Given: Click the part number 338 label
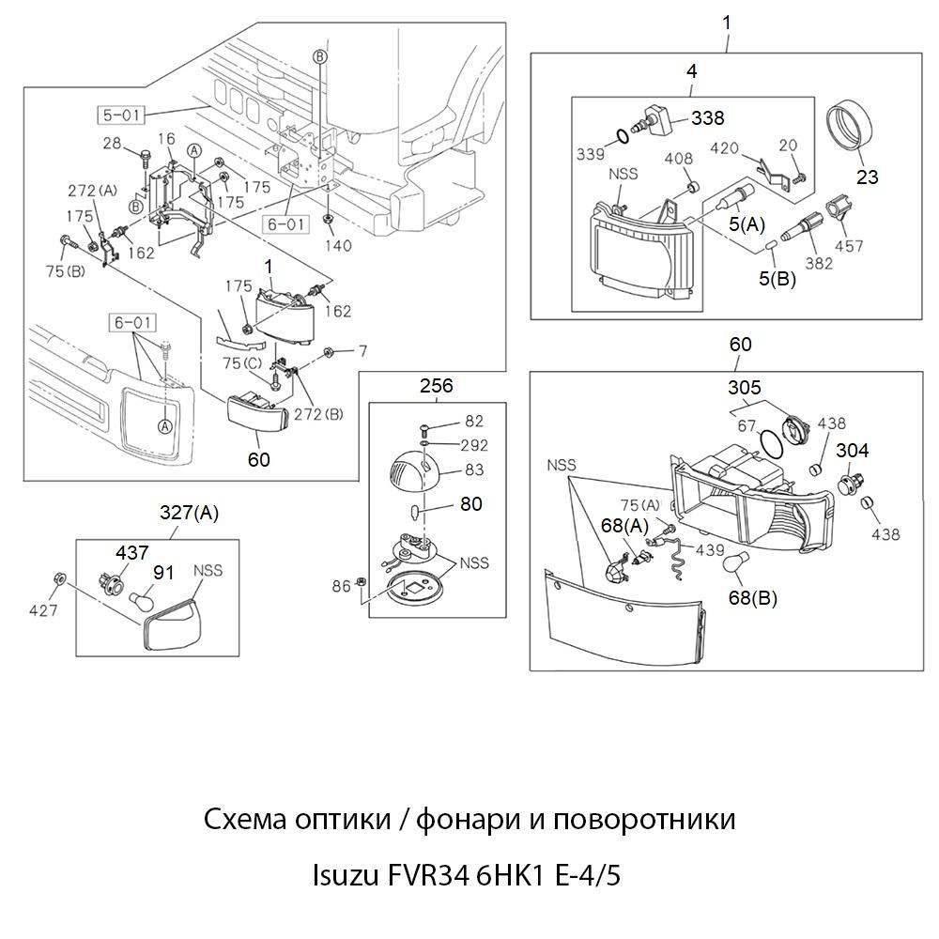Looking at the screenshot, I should click(x=708, y=118).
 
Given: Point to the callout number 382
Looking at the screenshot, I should click(x=819, y=264).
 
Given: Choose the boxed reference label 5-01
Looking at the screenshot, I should click(x=119, y=116).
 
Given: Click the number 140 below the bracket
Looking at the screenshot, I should click(x=338, y=246).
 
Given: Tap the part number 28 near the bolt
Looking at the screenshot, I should click(x=113, y=143).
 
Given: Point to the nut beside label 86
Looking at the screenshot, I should click(x=362, y=587).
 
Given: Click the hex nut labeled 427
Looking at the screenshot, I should click(x=58, y=578).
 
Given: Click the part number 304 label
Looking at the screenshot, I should click(x=852, y=452).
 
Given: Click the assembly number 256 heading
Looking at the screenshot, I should click(x=436, y=385).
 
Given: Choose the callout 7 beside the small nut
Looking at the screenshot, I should click(x=363, y=350).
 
